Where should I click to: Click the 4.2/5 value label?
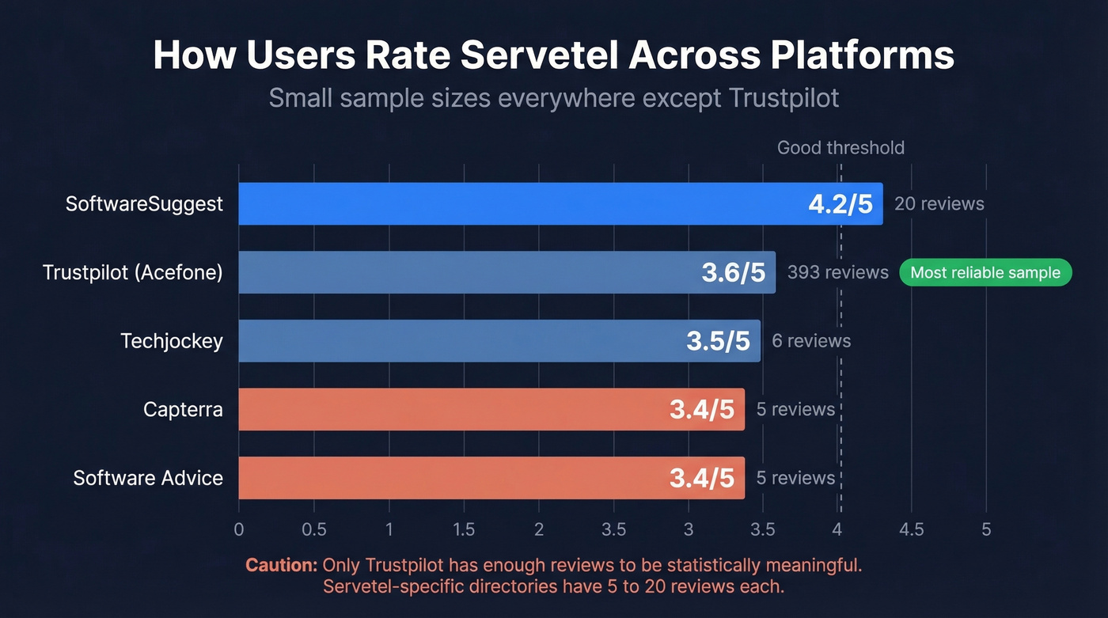tap(840, 204)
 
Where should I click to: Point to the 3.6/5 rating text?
tap(733, 273)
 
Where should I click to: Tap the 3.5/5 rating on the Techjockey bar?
tap(717, 341)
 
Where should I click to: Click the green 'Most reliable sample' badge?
tap(985, 273)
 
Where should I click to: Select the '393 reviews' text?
tap(837, 273)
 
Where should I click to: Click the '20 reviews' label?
tap(939, 204)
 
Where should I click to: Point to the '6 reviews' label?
tap(811, 341)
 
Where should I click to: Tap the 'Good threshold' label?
tap(840, 148)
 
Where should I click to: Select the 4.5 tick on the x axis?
tap(911, 529)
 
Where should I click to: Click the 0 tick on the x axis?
tap(239, 529)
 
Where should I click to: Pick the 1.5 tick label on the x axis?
tap(464, 529)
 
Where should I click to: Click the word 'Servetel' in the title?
tap(530, 56)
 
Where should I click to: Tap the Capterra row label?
tap(183, 409)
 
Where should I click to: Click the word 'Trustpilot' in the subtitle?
tap(780, 98)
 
